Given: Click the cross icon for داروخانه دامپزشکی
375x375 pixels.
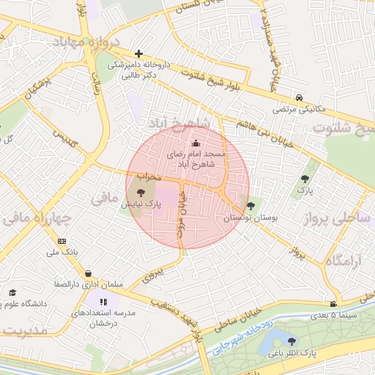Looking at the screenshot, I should (138, 53).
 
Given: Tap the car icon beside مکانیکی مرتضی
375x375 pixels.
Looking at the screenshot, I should (300, 97).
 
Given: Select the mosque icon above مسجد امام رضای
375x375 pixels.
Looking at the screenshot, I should (195, 144).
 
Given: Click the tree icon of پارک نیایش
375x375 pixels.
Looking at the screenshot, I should (141, 193).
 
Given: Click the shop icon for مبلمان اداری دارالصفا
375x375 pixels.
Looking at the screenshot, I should (88, 272).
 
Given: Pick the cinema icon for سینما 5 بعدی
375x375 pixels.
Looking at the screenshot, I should (334, 304).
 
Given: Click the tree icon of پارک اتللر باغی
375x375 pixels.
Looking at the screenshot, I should (292, 341).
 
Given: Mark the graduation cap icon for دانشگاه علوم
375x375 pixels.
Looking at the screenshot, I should (12, 292).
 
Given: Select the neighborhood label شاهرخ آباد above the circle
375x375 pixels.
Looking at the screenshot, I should (180, 121).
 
